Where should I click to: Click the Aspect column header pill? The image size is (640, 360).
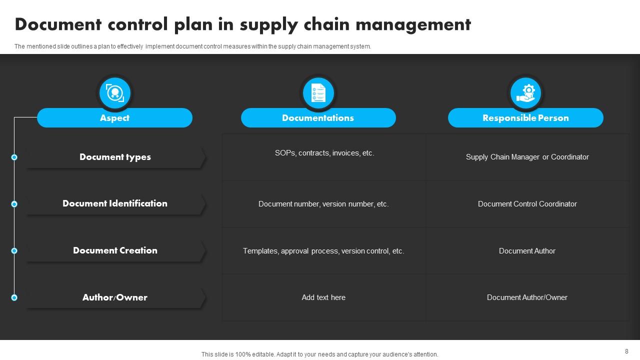tap(114, 118)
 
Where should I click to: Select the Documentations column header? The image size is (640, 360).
tap(318, 118)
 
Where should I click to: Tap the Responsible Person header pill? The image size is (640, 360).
tap(525, 118)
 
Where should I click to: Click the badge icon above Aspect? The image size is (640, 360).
tap(115, 93)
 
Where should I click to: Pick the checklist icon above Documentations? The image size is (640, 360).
tap(318, 93)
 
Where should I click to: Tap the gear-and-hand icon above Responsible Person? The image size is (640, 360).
tap(525, 93)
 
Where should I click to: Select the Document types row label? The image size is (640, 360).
tap(115, 157)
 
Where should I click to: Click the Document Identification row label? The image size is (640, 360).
tap(115, 203)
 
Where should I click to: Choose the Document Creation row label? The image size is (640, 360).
tap(115, 250)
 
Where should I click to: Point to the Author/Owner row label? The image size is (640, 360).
tap(115, 297)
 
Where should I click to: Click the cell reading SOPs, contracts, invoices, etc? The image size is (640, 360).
tap(324, 153)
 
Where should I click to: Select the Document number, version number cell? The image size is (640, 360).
tap(323, 204)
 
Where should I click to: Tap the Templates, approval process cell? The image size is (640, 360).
tap(323, 251)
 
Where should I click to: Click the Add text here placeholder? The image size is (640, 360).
tap(323, 297)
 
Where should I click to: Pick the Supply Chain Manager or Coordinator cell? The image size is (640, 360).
tap(527, 157)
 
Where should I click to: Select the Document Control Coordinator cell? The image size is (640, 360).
tap(527, 204)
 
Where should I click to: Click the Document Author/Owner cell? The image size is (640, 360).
tap(527, 297)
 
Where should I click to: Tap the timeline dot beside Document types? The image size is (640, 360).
tap(14, 157)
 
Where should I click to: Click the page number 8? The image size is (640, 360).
tap(626, 351)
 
